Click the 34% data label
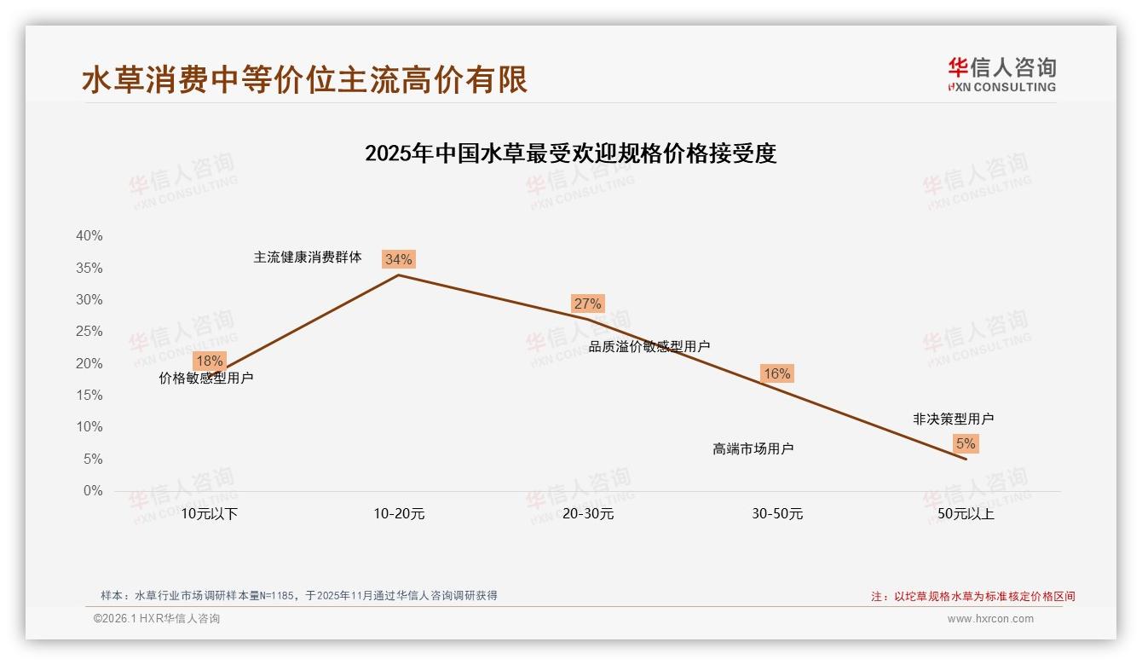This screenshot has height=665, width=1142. (x=398, y=259)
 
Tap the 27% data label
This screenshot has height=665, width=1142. (x=587, y=304)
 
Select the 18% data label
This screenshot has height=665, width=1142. (x=209, y=361)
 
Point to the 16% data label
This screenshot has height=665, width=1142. (x=776, y=373)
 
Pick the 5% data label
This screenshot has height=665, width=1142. (x=966, y=443)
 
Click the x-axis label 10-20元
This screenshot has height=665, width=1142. (x=399, y=514)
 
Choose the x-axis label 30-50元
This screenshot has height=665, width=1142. (x=777, y=514)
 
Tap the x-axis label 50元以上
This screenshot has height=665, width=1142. (x=966, y=514)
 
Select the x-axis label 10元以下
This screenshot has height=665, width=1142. (x=210, y=514)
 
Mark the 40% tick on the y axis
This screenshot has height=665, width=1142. (x=89, y=236)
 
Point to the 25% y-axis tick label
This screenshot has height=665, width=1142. (x=89, y=332)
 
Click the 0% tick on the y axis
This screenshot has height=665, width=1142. (x=92, y=491)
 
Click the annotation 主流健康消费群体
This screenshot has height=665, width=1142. (x=308, y=257)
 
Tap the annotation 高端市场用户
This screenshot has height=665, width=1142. (x=753, y=448)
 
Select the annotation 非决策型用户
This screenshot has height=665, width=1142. (x=953, y=419)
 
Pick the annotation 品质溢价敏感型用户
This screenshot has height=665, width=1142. (x=649, y=346)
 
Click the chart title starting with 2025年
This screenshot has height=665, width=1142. (x=570, y=154)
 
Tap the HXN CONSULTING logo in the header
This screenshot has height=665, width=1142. (x=1001, y=75)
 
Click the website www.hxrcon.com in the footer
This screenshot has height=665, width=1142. (x=990, y=619)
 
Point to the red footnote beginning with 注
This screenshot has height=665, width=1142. (x=972, y=597)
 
